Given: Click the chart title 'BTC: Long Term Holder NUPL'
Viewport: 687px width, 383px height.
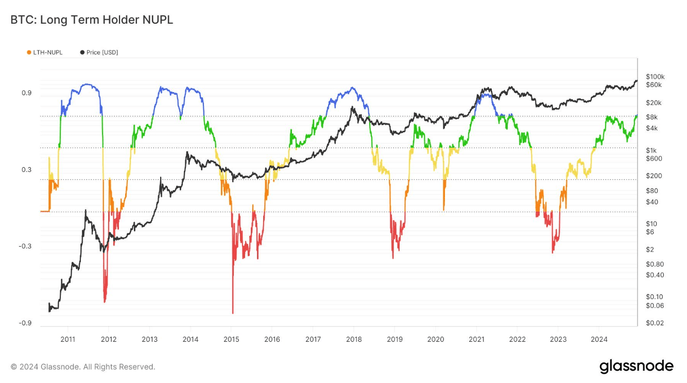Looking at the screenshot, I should [92, 20].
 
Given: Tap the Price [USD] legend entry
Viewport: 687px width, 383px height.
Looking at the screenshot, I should [99, 53].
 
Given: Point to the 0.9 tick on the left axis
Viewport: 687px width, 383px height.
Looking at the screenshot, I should [26, 93].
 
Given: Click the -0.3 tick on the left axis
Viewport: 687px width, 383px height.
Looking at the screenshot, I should [25, 246].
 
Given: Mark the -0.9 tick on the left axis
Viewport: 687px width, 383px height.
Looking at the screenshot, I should [25, 323].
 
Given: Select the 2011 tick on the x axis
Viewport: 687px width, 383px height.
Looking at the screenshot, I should [68, 339].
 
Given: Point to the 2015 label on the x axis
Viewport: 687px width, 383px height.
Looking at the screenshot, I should [231, 339].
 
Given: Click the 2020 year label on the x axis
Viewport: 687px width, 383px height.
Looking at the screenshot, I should [436, 339].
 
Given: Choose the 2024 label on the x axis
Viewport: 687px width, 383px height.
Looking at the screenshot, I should [599, 339].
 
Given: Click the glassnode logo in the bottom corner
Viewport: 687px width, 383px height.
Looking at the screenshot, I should [636, 366].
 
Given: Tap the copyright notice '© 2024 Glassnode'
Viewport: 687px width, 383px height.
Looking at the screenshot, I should [82, 367].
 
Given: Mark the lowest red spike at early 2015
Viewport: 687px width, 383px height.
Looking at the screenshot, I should [233, 312].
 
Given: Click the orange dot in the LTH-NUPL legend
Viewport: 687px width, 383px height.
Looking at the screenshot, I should [29, 53].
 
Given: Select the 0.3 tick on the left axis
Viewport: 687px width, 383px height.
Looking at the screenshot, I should [26, 169].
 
